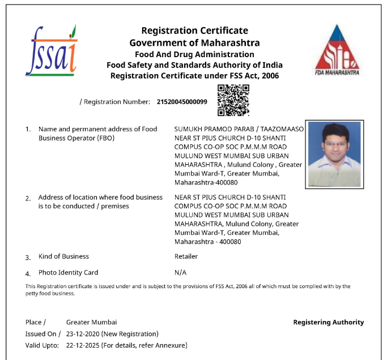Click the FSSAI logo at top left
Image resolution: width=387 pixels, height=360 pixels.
click(51, 50)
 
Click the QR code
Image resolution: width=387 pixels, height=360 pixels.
click(233, 100)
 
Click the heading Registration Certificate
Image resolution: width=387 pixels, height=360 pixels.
click(194, 31)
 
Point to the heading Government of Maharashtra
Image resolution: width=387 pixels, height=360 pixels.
click(194, 42)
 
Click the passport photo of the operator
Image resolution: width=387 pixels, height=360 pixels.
click(334, 153)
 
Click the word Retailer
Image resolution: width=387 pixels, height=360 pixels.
click(186, 256)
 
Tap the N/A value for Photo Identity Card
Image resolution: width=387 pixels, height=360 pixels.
click(181, 272)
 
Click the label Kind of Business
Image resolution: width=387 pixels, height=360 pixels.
click(63, 256)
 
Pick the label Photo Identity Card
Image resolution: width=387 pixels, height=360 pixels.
click(68, 272)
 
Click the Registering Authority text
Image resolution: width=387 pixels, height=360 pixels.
click(328, 322)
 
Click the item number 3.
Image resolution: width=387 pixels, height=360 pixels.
click(28, 258)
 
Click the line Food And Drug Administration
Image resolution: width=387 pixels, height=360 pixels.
click(194, 54)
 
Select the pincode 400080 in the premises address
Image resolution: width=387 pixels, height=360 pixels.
click(228, 242)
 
